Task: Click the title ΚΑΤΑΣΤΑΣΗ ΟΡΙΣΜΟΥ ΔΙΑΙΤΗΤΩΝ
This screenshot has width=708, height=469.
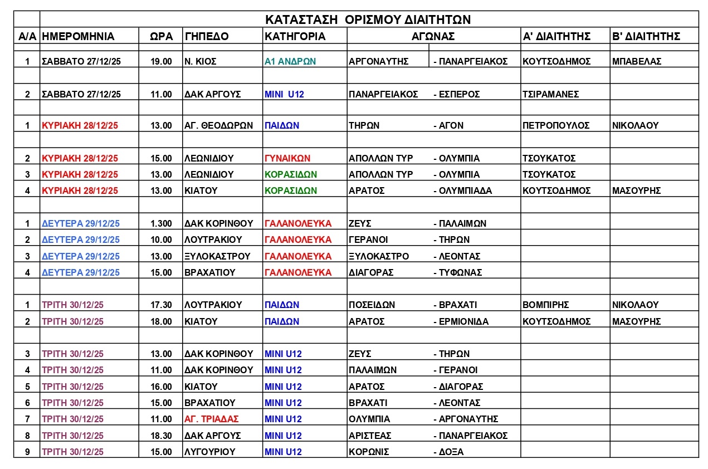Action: pos(368,19)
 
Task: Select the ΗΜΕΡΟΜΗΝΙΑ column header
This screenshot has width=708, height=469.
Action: pos(78,37)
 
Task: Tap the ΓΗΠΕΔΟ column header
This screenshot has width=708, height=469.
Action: pos(206,37)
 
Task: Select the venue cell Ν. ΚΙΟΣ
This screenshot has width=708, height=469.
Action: pos(201,61)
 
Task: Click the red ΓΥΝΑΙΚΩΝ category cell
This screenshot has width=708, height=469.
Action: pos(287,158)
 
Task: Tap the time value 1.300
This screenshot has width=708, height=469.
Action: pos(162,223)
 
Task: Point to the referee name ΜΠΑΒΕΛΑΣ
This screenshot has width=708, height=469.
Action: pos(636,61)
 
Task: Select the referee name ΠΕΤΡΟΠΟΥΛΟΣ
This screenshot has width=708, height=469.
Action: pos(555,125)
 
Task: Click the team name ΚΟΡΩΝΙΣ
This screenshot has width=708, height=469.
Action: pos(368,452)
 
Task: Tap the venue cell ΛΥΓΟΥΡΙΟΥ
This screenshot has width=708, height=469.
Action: pos(209,452)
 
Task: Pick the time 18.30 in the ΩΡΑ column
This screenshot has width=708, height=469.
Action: pos(162,436)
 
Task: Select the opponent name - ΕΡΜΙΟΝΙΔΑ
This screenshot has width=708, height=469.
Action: pos(461,321)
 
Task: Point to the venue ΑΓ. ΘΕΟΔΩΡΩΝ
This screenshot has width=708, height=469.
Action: pos(218,125)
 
